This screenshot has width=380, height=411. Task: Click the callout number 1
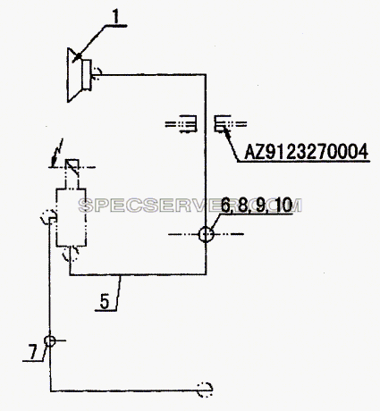tap(115, 17)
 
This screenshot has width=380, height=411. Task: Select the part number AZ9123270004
tap(307, 152)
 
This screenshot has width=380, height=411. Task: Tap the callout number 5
tap(105, 301)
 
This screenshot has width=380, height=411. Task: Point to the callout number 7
tap(32, 352)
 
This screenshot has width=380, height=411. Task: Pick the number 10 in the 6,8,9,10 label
tap(283, 205)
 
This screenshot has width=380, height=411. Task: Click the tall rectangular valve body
tap(71, 217)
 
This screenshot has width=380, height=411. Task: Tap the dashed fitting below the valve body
tap(71, 254)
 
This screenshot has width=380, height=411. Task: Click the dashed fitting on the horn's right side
tap(97, 72)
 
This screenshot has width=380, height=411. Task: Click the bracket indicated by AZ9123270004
tap(223, 124)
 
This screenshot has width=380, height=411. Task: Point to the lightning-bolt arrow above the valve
tap(56, 153)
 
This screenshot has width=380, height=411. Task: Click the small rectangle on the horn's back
tap(87, 74)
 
